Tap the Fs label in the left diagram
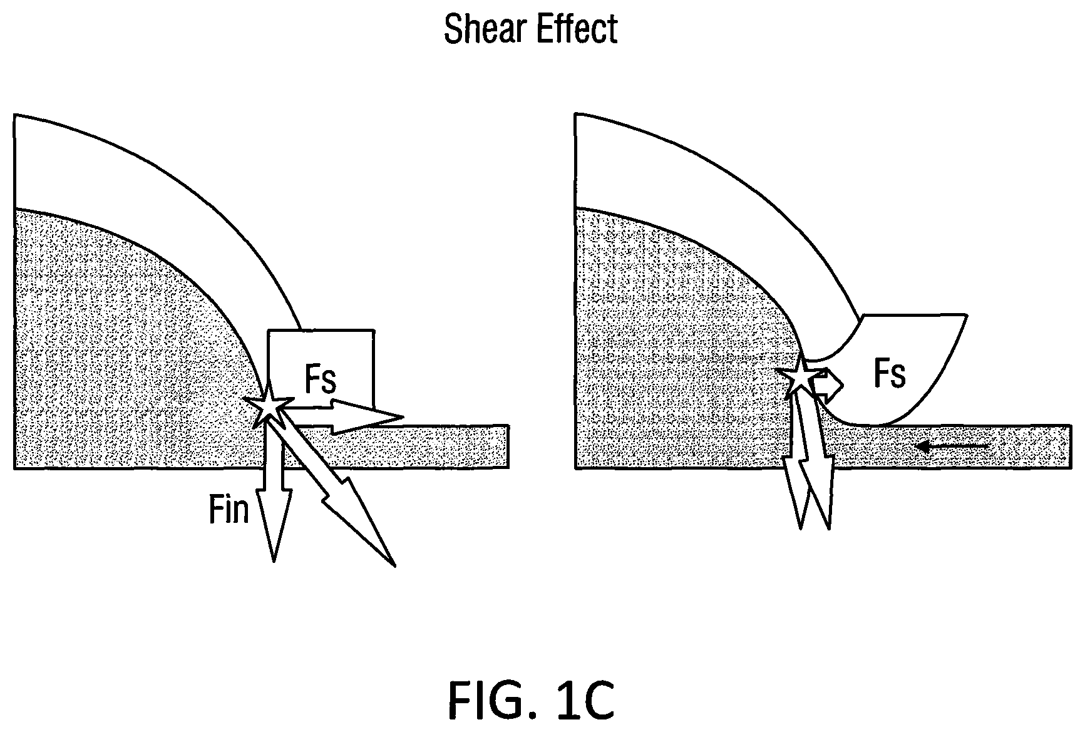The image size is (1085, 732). [x=321, y=379]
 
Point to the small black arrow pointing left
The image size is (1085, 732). [x=951, y=446]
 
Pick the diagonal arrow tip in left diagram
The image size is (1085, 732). [x=394, y=566]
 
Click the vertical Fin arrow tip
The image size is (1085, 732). [x=274, y=561]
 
